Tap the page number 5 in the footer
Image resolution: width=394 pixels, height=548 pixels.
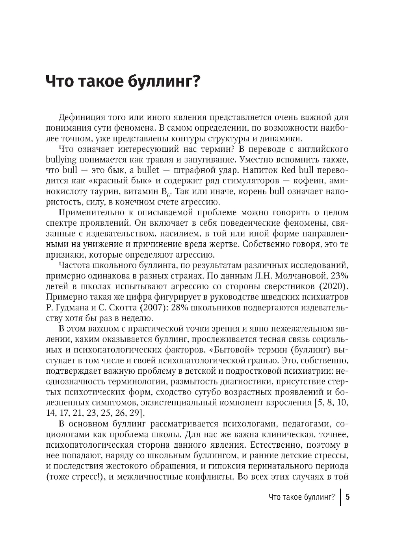[347, 496]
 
